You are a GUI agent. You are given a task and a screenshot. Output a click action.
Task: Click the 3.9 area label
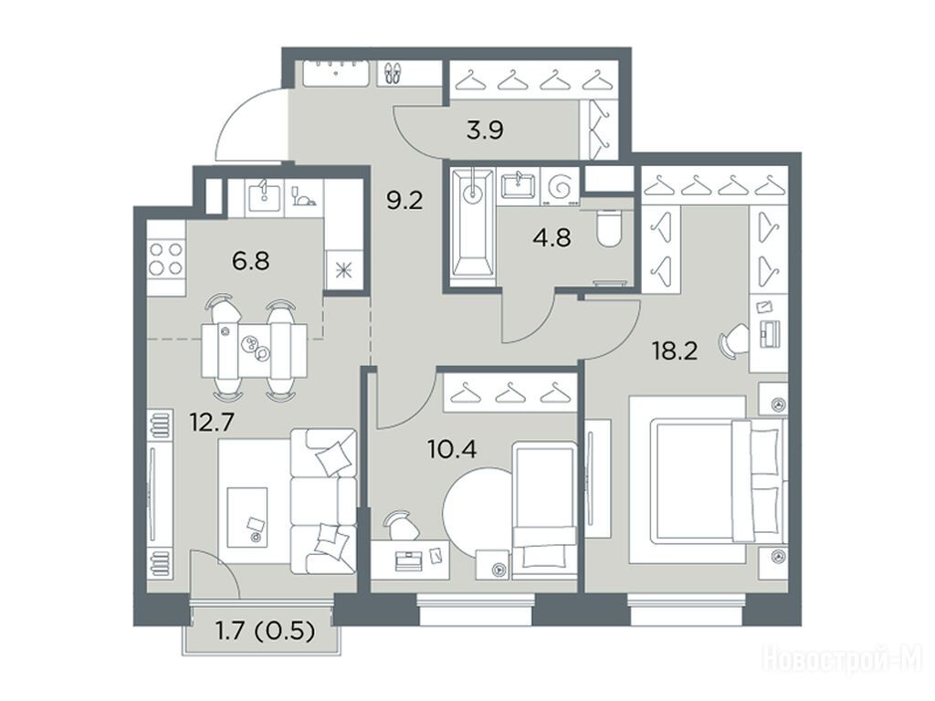485,130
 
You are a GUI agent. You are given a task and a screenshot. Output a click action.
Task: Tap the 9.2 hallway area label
404,201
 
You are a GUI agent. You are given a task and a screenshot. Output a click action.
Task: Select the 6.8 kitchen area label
251,260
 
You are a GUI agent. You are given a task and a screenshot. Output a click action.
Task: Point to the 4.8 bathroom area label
552,238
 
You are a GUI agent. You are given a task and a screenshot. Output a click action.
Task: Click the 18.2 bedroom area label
675,351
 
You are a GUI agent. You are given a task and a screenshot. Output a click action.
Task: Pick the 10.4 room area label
453,448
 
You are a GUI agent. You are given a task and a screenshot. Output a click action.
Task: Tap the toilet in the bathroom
609,228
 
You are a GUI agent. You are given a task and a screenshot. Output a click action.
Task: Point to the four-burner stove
166,259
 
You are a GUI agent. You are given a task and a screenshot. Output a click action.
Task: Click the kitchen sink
263,196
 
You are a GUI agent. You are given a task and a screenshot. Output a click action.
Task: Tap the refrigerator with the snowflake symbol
343,270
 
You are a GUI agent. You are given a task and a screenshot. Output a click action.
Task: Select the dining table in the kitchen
254,350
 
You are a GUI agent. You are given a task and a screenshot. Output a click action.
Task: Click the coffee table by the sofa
247,517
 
